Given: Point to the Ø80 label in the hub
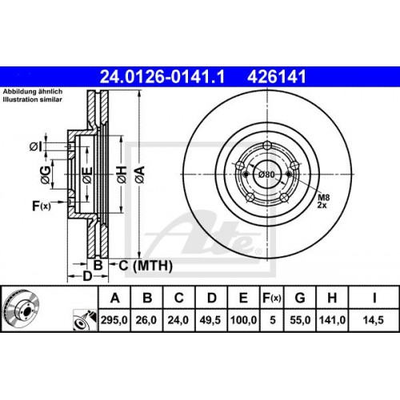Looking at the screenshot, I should [x=266, y=173].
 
